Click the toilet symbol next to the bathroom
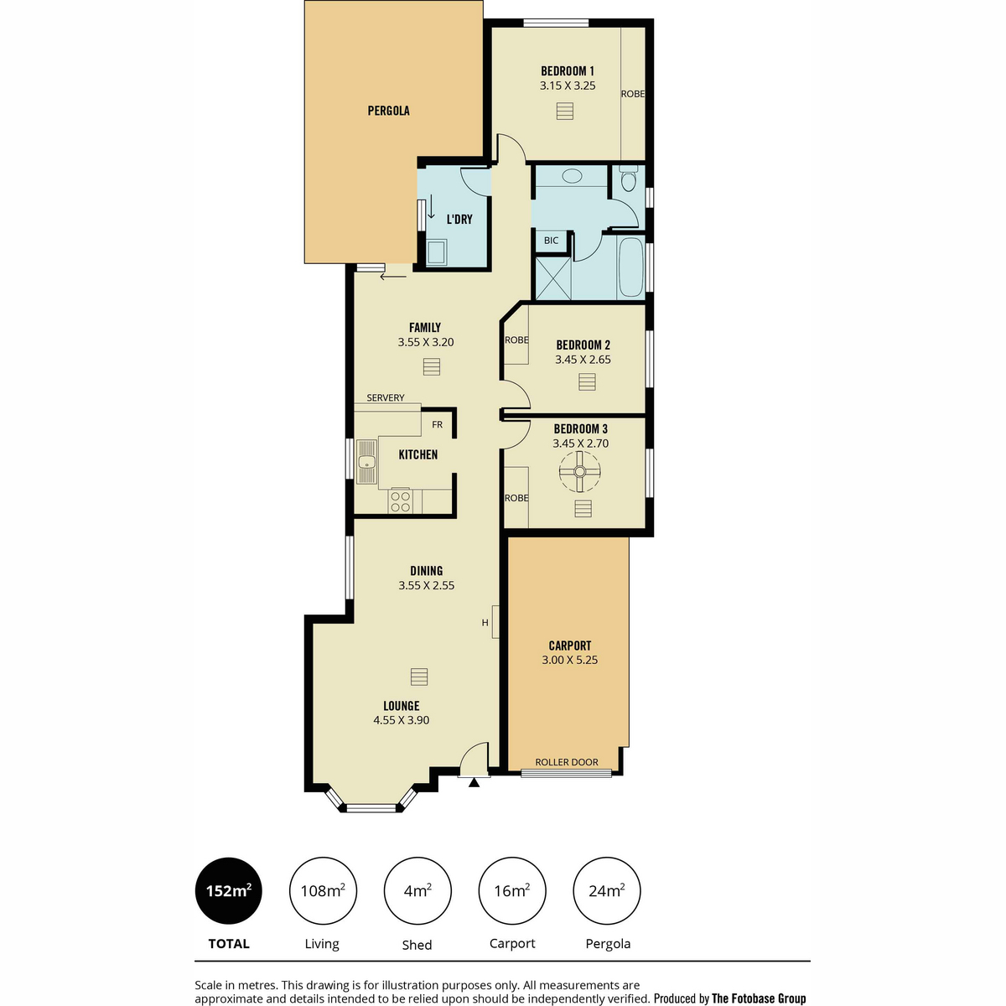click(x=628, y=179)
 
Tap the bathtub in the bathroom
click(x=630, y=267)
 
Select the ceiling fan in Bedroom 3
click(x=579, y=471)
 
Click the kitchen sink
click(x=366, y=461)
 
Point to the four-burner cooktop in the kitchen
click(x=401, y=500)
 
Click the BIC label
click(x=551, y=240)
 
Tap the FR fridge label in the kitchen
click(x=437, y=424)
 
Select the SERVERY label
click(x=386, y=397)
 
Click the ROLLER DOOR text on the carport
click(x=567, y=762)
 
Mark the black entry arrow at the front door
click(x=474, y=782)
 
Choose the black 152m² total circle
click(x=229, y=890)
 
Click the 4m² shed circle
click(x=417, y=890)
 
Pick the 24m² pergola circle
click(x=607, y=890)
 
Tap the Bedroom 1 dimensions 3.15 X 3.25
click(x=568, y=86)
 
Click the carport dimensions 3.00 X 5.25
click(x=569, y=660)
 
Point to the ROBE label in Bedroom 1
click(x=633, y=94)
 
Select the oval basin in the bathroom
click(x=573, y=175)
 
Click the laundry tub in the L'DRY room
click(x=436, y=251)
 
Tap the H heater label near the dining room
click(x=485, y=622)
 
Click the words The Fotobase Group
click(x=759, y=998)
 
